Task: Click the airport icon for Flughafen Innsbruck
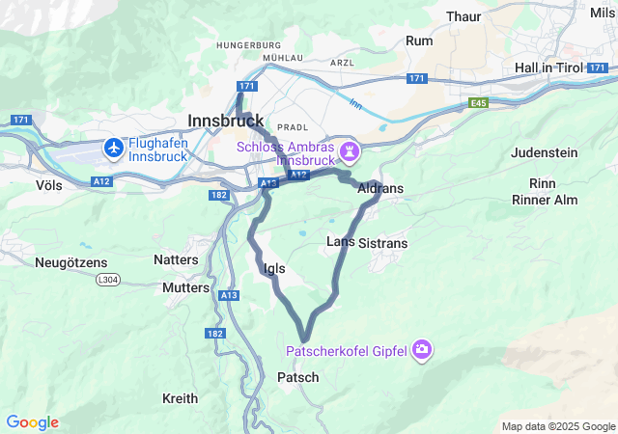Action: tap(114, 148)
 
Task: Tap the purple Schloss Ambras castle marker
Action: tap(349, 151)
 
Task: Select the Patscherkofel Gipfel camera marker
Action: tap(421, 348)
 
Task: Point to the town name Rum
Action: tap(419, 41)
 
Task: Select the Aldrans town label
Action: tap(379, 189)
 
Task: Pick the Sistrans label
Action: tap(382, 244)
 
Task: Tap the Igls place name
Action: tap(273, 269)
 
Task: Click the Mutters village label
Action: tap(185, 287)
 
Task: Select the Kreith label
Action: tap(180, 398)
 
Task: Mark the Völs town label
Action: tap(49, 183)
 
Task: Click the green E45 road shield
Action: tap(479, 101)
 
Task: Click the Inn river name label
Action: tap(354, 102)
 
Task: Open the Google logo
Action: tap(32, 422)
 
